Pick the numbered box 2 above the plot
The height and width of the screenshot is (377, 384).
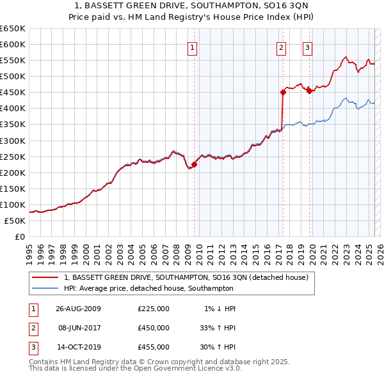pyautogui.click(x=282, y=47)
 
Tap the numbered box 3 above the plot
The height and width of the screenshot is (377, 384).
pyautogui.click(x=308, y=47)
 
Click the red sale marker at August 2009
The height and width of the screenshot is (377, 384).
pyautogui.click(x=194, y=164)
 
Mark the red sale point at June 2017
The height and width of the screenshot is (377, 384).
pyautogui.click(x=282, y=92)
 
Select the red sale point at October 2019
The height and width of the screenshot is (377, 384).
pyautogui.click(x=309, y=91)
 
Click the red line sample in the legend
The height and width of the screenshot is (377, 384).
pyautogui.click(x=45, y=277)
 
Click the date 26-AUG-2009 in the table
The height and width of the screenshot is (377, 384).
pyautogui.click(x=79, y=309)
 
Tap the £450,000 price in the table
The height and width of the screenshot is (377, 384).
pyautogui.click(x=154, y=328)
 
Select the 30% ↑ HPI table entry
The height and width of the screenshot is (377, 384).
pyautogui.click(x=218, y=347)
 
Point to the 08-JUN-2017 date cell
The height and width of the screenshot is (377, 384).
pyautogui.click(x=79, y=328)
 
